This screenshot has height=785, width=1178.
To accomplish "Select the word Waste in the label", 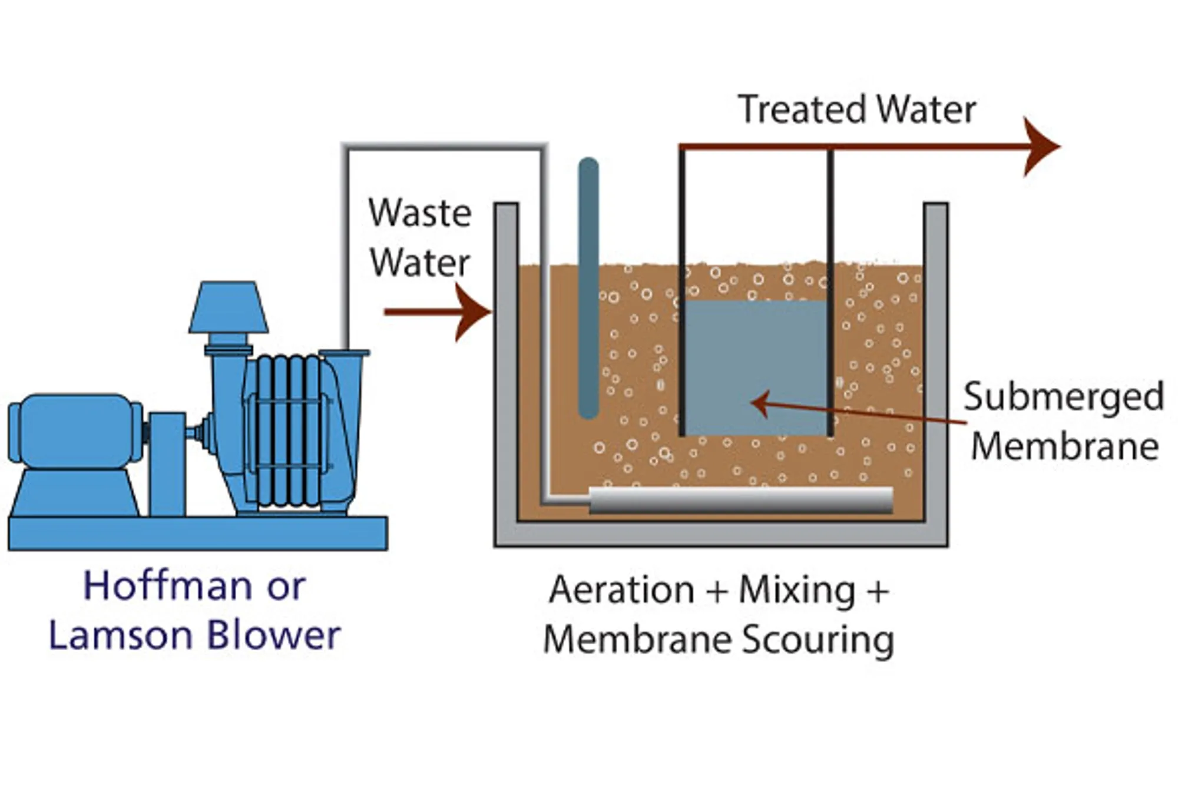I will click(x=419, y=213).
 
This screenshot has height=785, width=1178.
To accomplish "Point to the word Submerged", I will click(x=1063, y=397).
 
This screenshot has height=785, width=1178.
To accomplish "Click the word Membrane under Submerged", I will click(x=1064, y=446).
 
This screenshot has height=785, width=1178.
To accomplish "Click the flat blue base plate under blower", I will click(x=198, y=533).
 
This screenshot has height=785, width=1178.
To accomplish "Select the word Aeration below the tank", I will click(x=621, y=590).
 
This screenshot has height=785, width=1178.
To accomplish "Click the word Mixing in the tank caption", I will click(x=796, y=590).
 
